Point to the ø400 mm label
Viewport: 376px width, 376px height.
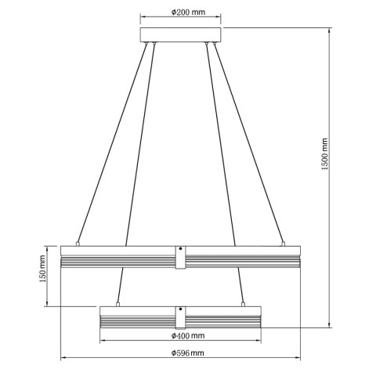coord(187,336)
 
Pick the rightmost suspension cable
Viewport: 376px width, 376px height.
coord(251,141)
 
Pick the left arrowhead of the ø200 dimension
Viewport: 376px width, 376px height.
coord(142,16)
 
